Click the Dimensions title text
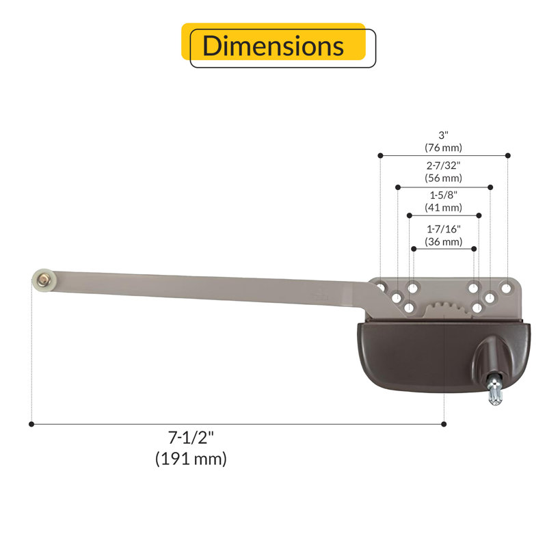tap(273, 46)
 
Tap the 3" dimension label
tap(443, 135)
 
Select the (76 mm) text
tap(443, 148)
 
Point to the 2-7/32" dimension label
tap(443, 165)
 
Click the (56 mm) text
tap(443, 178)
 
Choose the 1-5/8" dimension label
tap(443, 195)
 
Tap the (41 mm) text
tap(443, 208)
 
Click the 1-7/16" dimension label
tap(443, 229)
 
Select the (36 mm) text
tap(443, 242)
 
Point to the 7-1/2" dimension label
tap(191, 438)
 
